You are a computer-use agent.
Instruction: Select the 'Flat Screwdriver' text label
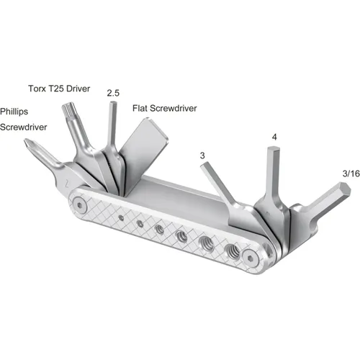click(164, 109)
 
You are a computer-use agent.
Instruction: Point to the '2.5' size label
click(112, 93)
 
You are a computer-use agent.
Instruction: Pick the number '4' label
click(274, 137)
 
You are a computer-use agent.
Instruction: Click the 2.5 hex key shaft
click(112, 126)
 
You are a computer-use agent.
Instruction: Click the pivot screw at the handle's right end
click(251, 257)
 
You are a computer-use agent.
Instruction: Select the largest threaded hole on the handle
click(233, 251)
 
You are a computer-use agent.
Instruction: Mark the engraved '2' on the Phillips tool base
click(66, 183)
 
